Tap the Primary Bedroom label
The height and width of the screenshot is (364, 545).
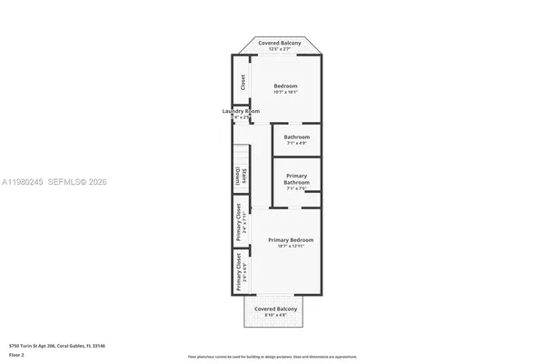(x=291, y=239)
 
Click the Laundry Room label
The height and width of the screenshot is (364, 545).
(x=241, y=111)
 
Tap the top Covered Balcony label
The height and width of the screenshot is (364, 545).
(x=280, y=43)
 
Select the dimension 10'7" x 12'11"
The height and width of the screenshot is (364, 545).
(x=291, y=247)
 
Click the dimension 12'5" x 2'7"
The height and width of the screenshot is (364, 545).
(x=280, y=49)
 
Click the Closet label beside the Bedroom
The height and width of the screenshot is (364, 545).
(x=243, y=81)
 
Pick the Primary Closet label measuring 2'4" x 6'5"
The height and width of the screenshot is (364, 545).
(x=238, y=276)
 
